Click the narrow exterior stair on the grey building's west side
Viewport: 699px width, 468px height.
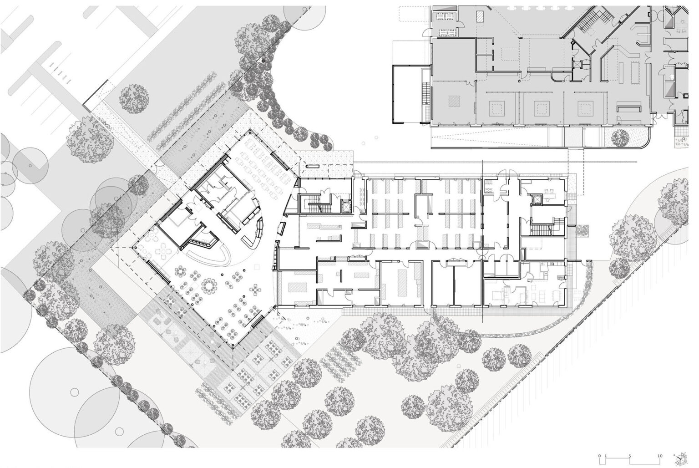click(425, 94)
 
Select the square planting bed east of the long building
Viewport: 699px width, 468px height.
click(582, 230)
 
